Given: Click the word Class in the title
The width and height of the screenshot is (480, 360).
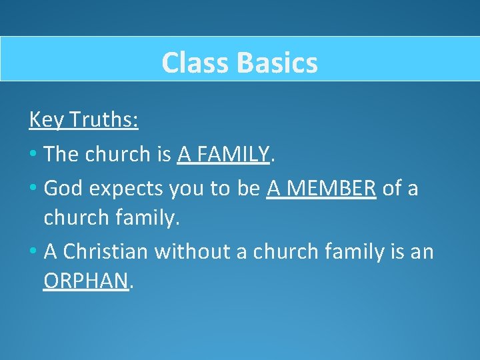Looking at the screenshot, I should click(x=193, y=63).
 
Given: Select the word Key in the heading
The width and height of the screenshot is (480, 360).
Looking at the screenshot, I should click(x=44, y=120).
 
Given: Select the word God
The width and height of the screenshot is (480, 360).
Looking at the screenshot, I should click(x=61, y=189).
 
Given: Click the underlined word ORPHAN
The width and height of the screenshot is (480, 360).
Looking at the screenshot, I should click(x=85, y=282).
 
